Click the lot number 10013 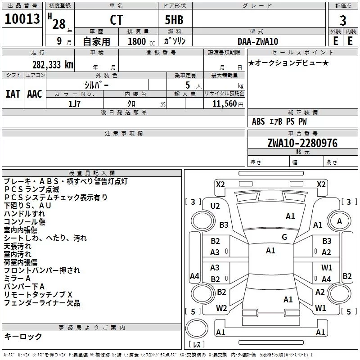tap(22, 19)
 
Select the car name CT tap(117, 20)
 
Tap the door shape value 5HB tap(174, 20)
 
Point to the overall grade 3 tap(343, 20)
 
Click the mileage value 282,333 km tap(53, 65)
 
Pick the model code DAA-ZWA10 tap(258, 41)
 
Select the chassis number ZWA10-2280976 tap(302, 143)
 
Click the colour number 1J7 tap(74, 104)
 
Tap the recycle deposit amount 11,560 tap(225, 104)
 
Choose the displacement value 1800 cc tap(141, 41)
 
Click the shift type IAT tap(13, 94)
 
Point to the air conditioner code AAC tap(35, 94)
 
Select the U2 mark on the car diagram tap(215, 206)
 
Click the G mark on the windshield tap(284, 237)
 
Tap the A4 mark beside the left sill tap(194, 276)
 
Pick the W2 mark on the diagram tap(221, 308)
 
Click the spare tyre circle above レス tap(197, 328)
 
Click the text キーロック tap(23, 336)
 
